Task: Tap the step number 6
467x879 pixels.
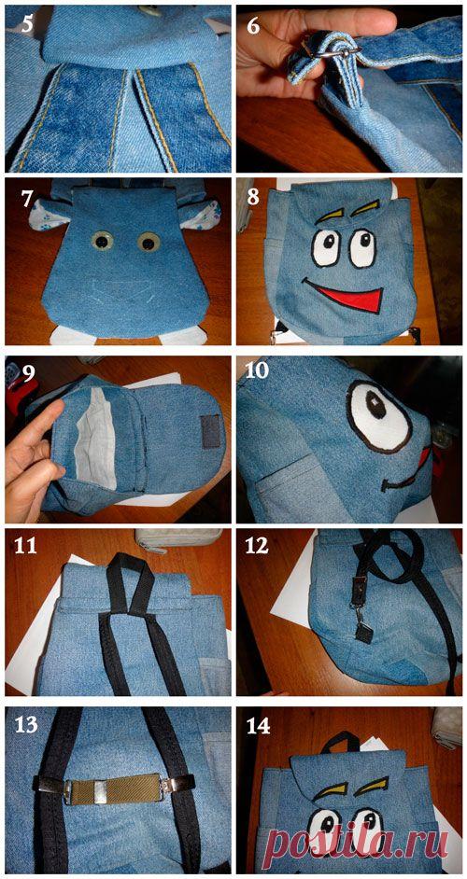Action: click(253, 26)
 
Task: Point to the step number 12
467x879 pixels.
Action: click(258, 546)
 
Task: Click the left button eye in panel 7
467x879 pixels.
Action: click(102, 241)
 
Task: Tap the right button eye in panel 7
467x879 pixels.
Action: click(149, 243)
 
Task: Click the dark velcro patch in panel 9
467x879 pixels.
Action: click(211, 430)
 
